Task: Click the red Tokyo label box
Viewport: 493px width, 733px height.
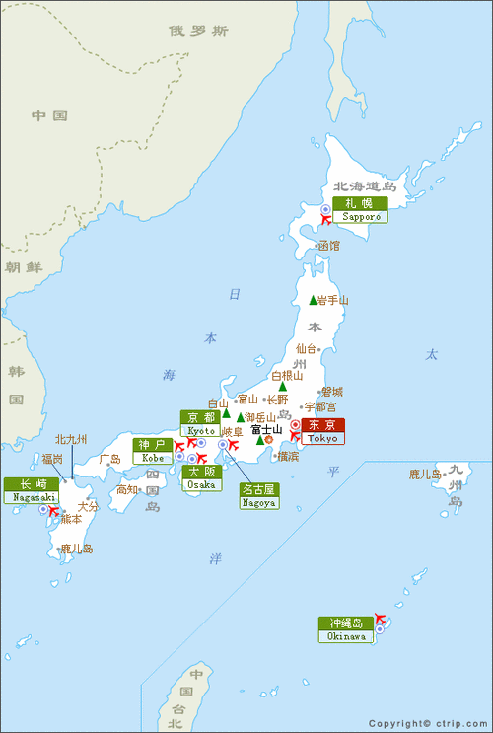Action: [322, 431]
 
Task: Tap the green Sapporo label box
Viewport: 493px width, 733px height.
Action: [359, 209]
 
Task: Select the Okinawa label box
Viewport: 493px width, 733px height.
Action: [345, 629]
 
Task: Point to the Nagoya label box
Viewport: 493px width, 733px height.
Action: [258, 495]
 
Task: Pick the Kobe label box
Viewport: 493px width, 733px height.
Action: [152, 451]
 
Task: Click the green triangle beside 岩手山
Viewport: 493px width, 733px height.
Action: [314, 300]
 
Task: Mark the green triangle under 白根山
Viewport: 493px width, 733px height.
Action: [282, 387]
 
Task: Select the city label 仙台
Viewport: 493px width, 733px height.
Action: [307, 348]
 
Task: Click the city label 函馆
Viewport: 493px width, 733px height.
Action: [327, 245]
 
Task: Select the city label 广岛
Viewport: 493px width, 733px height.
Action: [108, 459]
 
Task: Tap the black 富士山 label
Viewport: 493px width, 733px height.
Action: [266, 429]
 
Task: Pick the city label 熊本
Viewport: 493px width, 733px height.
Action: [71, 518]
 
